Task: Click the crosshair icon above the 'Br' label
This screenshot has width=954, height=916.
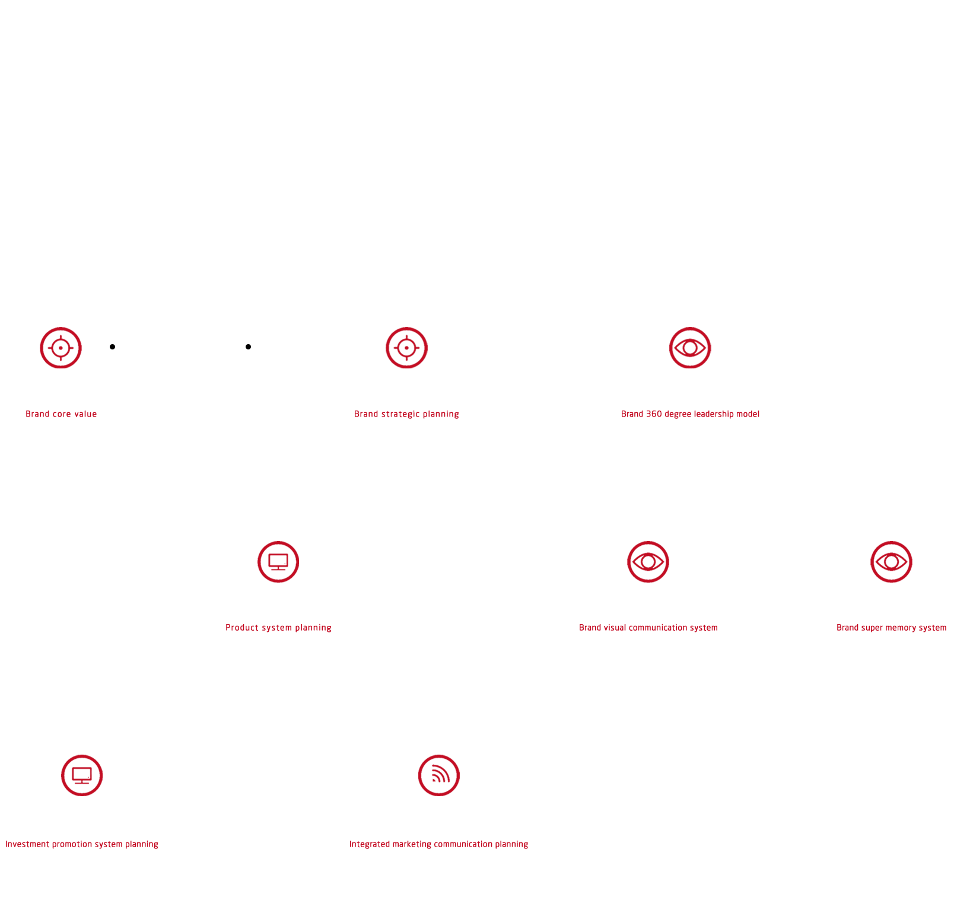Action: tap(61, 348)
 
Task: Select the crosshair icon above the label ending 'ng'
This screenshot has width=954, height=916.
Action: tap(406, 348)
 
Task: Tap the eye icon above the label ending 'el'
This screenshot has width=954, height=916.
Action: tap(690, 348)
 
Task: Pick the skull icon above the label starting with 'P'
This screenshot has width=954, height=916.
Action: tap(278, 562)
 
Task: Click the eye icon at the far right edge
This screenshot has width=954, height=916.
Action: tap(891, 562)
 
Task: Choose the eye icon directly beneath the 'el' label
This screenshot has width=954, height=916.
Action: tap(648, 562)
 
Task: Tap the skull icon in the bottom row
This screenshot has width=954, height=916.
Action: tap(82, 775)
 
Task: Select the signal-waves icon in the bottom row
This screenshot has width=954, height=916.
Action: tap(439, 775)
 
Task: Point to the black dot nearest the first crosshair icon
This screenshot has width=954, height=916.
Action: tap(112, 346)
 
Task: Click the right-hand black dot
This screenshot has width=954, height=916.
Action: tap(248, 346)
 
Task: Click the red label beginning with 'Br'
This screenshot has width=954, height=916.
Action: tap(61, 414)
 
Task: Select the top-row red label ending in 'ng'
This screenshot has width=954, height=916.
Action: tap(406, 414)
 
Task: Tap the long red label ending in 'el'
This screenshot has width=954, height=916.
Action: tap(690, 414)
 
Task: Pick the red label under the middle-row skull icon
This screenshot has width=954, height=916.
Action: tap(278, 628)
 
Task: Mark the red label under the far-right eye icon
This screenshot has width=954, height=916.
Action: tap(891, 628)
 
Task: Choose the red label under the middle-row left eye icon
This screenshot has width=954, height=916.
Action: tap(648, 628)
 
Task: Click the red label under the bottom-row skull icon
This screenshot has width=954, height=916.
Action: tap(82, 844)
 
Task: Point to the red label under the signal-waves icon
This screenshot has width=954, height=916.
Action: tap(439, 844)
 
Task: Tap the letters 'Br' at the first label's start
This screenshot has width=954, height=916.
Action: tap(30, 414)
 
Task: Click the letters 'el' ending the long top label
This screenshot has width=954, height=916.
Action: tap(756, 414)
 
